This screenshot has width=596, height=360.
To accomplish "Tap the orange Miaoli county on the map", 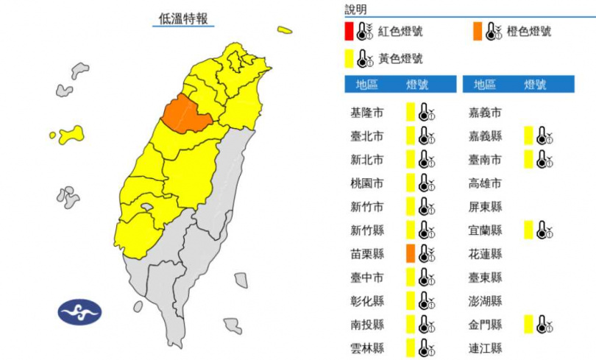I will point(185,115).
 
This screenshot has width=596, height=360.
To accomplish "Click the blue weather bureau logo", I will point(79,312).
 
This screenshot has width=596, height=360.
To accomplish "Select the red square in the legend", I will point(348,32).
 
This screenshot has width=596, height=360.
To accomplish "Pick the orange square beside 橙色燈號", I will point(478,32).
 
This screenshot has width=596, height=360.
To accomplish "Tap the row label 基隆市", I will point(366,113).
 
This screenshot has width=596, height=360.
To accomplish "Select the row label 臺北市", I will point(366,136).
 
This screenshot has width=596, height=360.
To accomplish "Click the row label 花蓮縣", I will point(485,253).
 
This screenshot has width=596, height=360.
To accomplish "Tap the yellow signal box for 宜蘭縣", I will point(528,230).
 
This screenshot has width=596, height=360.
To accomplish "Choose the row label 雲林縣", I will point(366,347).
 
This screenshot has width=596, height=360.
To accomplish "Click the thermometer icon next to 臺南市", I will point(544,159).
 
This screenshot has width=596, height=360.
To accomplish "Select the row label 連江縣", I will point(485,347).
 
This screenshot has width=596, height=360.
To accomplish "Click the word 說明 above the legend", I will point(355,10).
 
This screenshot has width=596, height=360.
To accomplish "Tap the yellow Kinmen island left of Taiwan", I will point(71,134).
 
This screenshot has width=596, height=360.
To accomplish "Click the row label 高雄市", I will point(485,183).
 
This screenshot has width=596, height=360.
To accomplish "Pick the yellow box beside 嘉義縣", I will point(528,135).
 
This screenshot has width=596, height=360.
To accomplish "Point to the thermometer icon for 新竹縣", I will point(426,230).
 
